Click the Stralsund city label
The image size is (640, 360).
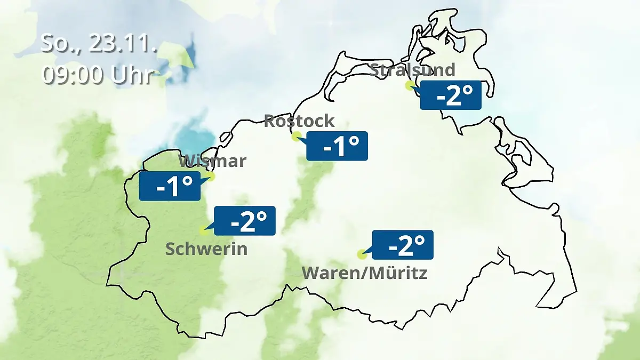tap(412, 70)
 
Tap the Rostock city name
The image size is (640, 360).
tap(299, 121)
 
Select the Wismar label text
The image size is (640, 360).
tap(212, 161)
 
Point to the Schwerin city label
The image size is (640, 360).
tap(206, 249)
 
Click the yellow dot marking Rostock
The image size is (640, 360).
tap(297, 137)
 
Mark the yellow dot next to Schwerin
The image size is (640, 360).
tap(203, 230)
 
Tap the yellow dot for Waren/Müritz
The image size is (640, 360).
tap(362, 254)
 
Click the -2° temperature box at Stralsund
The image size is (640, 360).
tap(451, 95)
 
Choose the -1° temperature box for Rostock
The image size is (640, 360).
tap(337, 146)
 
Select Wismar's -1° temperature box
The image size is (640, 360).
tap(170, 186)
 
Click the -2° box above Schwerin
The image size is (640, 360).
tap(245, 220)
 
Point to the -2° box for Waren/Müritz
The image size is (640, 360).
tap(403, 245)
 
